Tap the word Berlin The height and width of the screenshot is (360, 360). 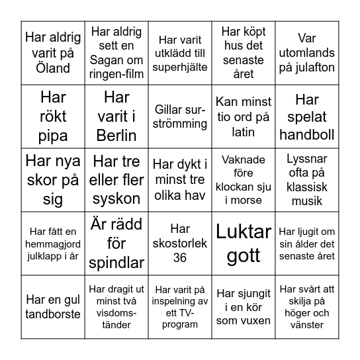pos(116,135)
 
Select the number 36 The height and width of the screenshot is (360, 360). pos(179,257)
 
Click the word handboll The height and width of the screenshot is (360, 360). pos(307,135)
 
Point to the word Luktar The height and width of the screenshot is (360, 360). pos(244,232)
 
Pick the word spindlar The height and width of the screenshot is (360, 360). pos(116,263)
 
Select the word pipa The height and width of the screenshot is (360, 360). pos(53,135)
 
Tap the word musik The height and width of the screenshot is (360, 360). pos(307,200)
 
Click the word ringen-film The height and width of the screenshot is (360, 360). pos(116,73)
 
